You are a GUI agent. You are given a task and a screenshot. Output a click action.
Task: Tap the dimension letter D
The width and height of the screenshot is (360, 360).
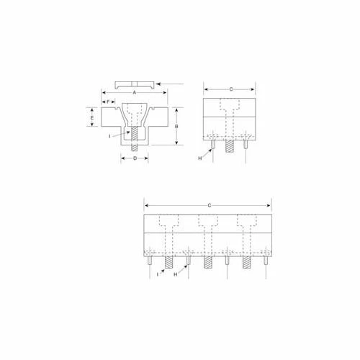(x=135, y=159)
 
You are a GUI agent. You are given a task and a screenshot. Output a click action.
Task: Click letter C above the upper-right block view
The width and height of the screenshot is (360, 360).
(x=230, y=89)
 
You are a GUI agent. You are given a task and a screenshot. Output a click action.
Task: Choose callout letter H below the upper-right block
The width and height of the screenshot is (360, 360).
(x=201, y=158)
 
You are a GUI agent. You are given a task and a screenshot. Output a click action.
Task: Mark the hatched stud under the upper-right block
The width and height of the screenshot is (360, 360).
(x=230, y=145)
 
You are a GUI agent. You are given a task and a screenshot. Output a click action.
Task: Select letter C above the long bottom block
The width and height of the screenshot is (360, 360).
(x=209, y=206)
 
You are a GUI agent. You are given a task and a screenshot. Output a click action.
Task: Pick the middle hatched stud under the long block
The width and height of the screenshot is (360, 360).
(x=209, y=262)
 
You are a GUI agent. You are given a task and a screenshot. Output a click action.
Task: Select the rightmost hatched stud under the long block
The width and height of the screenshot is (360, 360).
(x=248, y=262)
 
